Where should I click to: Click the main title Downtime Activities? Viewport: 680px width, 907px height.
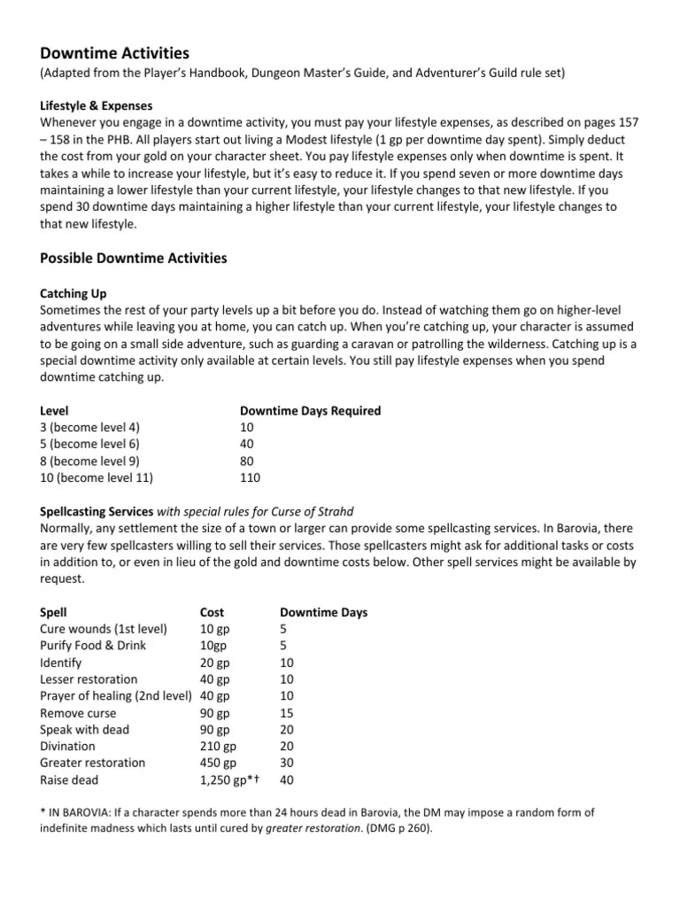[x=115, y=53]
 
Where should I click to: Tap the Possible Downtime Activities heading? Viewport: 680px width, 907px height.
[x=134, y=259]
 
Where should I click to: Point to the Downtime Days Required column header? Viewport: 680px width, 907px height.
[x=310, y=411]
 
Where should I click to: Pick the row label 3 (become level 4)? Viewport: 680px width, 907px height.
[x=89, y=428]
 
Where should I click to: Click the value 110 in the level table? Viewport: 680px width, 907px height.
[x=251, y=477]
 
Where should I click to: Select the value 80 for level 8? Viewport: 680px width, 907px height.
[x=248, y=461]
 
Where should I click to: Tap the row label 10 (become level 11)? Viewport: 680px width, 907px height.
[x=97, y=477]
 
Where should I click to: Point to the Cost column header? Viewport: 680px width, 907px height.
[x=212, y=612]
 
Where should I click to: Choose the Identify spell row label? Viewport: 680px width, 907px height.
[x=61, y=663]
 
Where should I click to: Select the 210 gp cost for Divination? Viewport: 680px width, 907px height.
[x=219, y=747]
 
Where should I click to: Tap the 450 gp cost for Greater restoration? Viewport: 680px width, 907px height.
[x=219, y=764]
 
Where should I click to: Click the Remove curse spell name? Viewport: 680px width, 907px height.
[x=78, y=713]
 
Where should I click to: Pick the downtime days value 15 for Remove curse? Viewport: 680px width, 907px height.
[x=286, y=713]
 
